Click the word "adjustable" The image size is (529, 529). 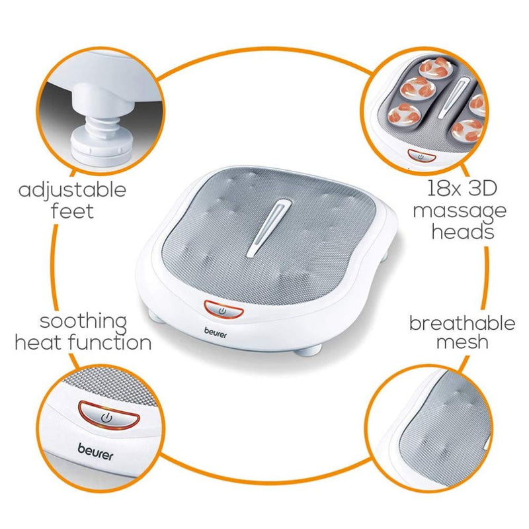(72, 191)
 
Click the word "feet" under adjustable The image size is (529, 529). (72, 212)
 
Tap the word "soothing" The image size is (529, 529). (83, 322)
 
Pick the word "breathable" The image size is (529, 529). (462, 323)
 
